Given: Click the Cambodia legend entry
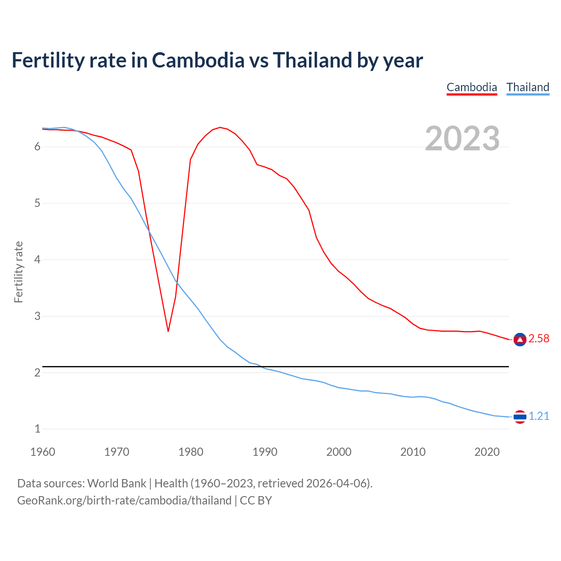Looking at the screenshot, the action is [x=472, y=87].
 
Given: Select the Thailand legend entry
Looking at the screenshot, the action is [x=528, y=87].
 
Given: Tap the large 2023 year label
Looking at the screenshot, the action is [x=462, y=138].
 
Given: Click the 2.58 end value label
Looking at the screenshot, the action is [x=539, y=339].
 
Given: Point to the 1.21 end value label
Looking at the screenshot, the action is [x=539, y=416].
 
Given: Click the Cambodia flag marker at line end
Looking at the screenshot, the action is [x=520, y=339].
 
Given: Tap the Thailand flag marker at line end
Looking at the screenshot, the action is [x=520, y=417].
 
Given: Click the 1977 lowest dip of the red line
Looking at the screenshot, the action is [x=168, y=331].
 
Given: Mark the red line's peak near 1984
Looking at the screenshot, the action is [x=220, y=127].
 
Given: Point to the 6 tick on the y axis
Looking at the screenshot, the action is [x=37, y=147].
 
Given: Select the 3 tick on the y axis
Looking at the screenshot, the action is [x=37, y=316].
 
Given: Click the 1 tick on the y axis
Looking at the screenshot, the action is [x=37, y=429].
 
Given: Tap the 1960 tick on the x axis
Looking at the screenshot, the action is [x=43, y=452].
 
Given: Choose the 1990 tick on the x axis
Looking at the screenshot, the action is [x=265, y=452].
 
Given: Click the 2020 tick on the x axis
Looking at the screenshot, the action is [x=487, y=452].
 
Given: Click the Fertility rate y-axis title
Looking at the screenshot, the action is [x=18, y=272].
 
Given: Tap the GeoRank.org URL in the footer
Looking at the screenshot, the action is [x=124, y=501].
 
